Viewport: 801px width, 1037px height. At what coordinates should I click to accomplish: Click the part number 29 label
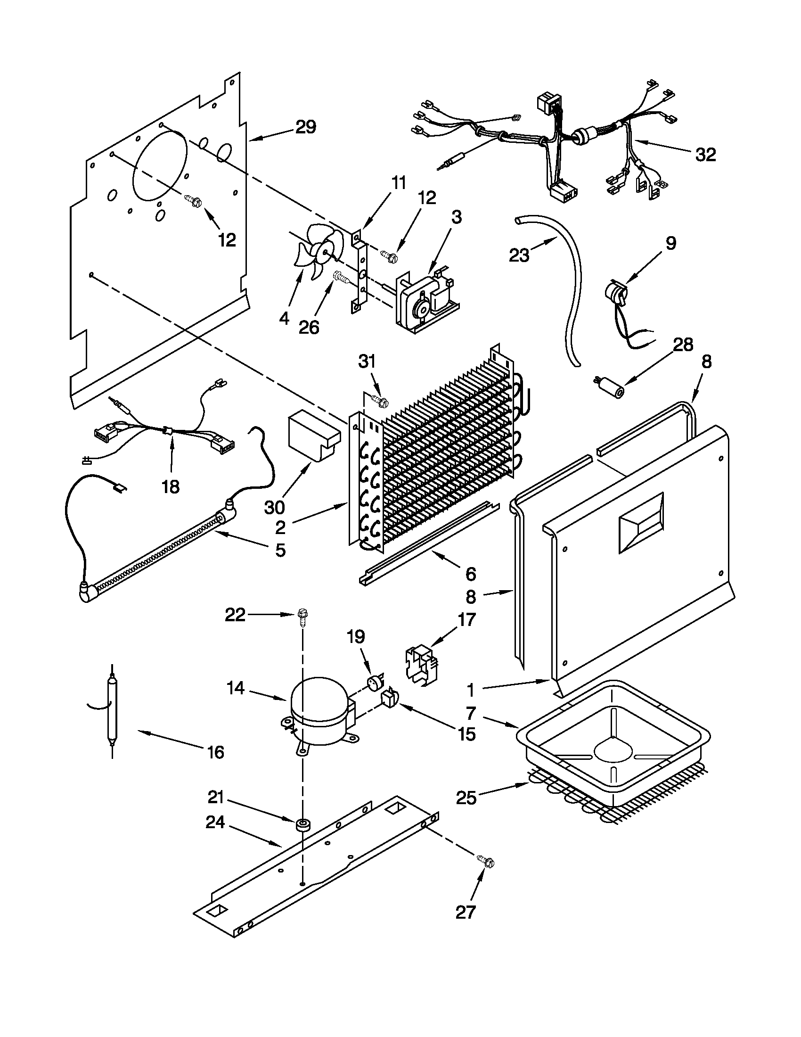pyautogui.click(x=306, y=127)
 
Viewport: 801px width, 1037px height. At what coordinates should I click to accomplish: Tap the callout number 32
pyautogui.click(x=705, y=155)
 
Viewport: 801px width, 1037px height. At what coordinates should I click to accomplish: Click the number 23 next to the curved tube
pyautogui.click(x=519, y=255)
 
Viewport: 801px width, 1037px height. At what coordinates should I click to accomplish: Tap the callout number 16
pyautogui.click(x=216, y=752)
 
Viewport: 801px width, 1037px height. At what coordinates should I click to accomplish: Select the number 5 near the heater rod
pyautogui.click(x=280, y=551)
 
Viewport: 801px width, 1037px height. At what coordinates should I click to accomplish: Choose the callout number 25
pyautogui.click(x=466, y=798)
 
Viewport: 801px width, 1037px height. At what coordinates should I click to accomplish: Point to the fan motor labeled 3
pyautogui.click(x=424, y=298)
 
